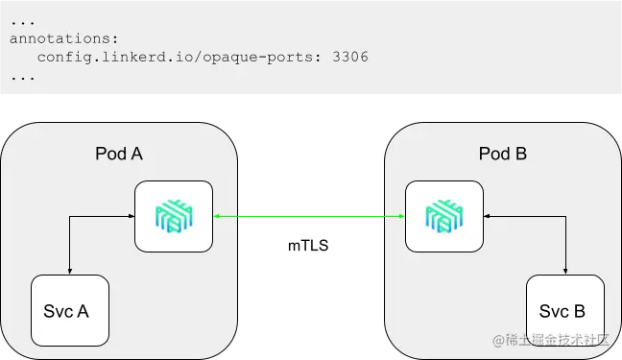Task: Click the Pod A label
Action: (x=120, y=154)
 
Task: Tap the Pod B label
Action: (x=503, y=154)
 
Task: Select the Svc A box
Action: (x=69, y=311)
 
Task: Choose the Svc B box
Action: (x=565, y=311)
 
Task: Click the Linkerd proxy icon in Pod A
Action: (x=173, y=218)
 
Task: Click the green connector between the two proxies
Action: (x=308, y=219)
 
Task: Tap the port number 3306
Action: (x=349, y=58)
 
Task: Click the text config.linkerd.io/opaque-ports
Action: (x=179, y=58)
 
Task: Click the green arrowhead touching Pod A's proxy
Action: (x=217, y=219)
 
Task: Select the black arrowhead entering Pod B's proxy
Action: (x=486, y=218)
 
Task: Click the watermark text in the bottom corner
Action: (x=551, y=342)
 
